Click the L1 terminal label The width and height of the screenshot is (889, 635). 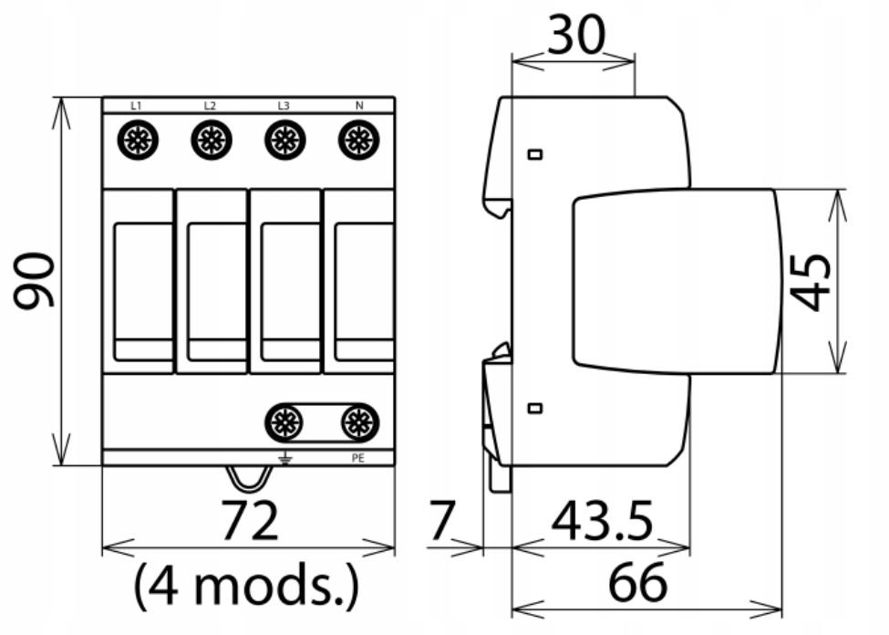pyautogui.click(x=136, y=106)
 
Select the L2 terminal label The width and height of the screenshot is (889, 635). pyautogui.click(x=210, y=106)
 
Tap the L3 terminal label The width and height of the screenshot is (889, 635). pyautogui.click(x=284, y=106)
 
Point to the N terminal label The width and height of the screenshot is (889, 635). pyautogui.click(x=359, y=106)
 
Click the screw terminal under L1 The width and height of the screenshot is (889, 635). pyautogui.click(x=138, y=140)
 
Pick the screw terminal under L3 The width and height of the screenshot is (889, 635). pyautogui.click(x=285, y=140)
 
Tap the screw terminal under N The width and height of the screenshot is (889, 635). pyautogui.click(x=359, y=140)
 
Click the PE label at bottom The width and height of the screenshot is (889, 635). pyautogui.click(x=357, y=458)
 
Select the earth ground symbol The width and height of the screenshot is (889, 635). pyautogui.click(x=285, y=457)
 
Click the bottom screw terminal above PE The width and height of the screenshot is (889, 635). pyautogui.click(x=359, y=422)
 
